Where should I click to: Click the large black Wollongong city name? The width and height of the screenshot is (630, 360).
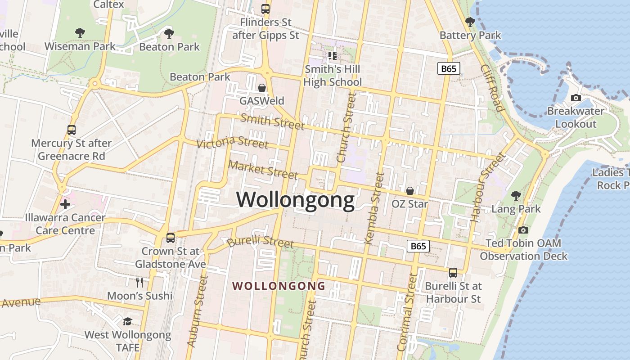click(x=296, y=200)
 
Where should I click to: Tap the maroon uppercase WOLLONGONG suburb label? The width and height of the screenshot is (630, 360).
click(x=279, y=286)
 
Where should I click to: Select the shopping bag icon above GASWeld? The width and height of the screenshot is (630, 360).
click(x=262, y=88)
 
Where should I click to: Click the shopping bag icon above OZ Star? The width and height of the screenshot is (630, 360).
click(x=410, y=191)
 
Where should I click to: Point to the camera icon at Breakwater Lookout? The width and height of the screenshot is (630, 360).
click(x=576, y=98)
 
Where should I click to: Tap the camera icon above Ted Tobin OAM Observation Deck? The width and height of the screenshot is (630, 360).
click(x=523, y=230)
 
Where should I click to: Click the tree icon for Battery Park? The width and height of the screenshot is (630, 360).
click(x=470, y=22)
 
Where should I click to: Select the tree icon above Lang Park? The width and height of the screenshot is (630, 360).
click(x=516, y=196)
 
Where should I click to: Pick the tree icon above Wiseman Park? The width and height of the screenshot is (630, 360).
click(x=80, y=33)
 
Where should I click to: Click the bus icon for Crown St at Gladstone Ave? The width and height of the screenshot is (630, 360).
click(x=171, y=238)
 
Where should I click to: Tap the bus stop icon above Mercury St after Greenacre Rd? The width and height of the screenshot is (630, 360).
click(x=72, y=130)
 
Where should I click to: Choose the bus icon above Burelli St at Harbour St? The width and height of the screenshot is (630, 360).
click(x=453, y=273)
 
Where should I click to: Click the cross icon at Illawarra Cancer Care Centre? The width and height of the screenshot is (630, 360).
click(x=65, y=204)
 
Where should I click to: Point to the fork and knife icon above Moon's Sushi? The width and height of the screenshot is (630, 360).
click(x=139, y=283)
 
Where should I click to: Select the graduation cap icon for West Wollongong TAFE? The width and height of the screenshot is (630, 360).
click(x=128, y=321)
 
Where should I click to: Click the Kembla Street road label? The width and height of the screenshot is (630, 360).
click(x=374, y=208)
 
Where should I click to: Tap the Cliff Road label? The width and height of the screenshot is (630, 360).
click(x=491, y=88)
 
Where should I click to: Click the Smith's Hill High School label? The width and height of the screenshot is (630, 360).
click(x=333, y=76)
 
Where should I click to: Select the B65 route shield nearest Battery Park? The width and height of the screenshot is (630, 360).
click(x=449, y=68)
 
